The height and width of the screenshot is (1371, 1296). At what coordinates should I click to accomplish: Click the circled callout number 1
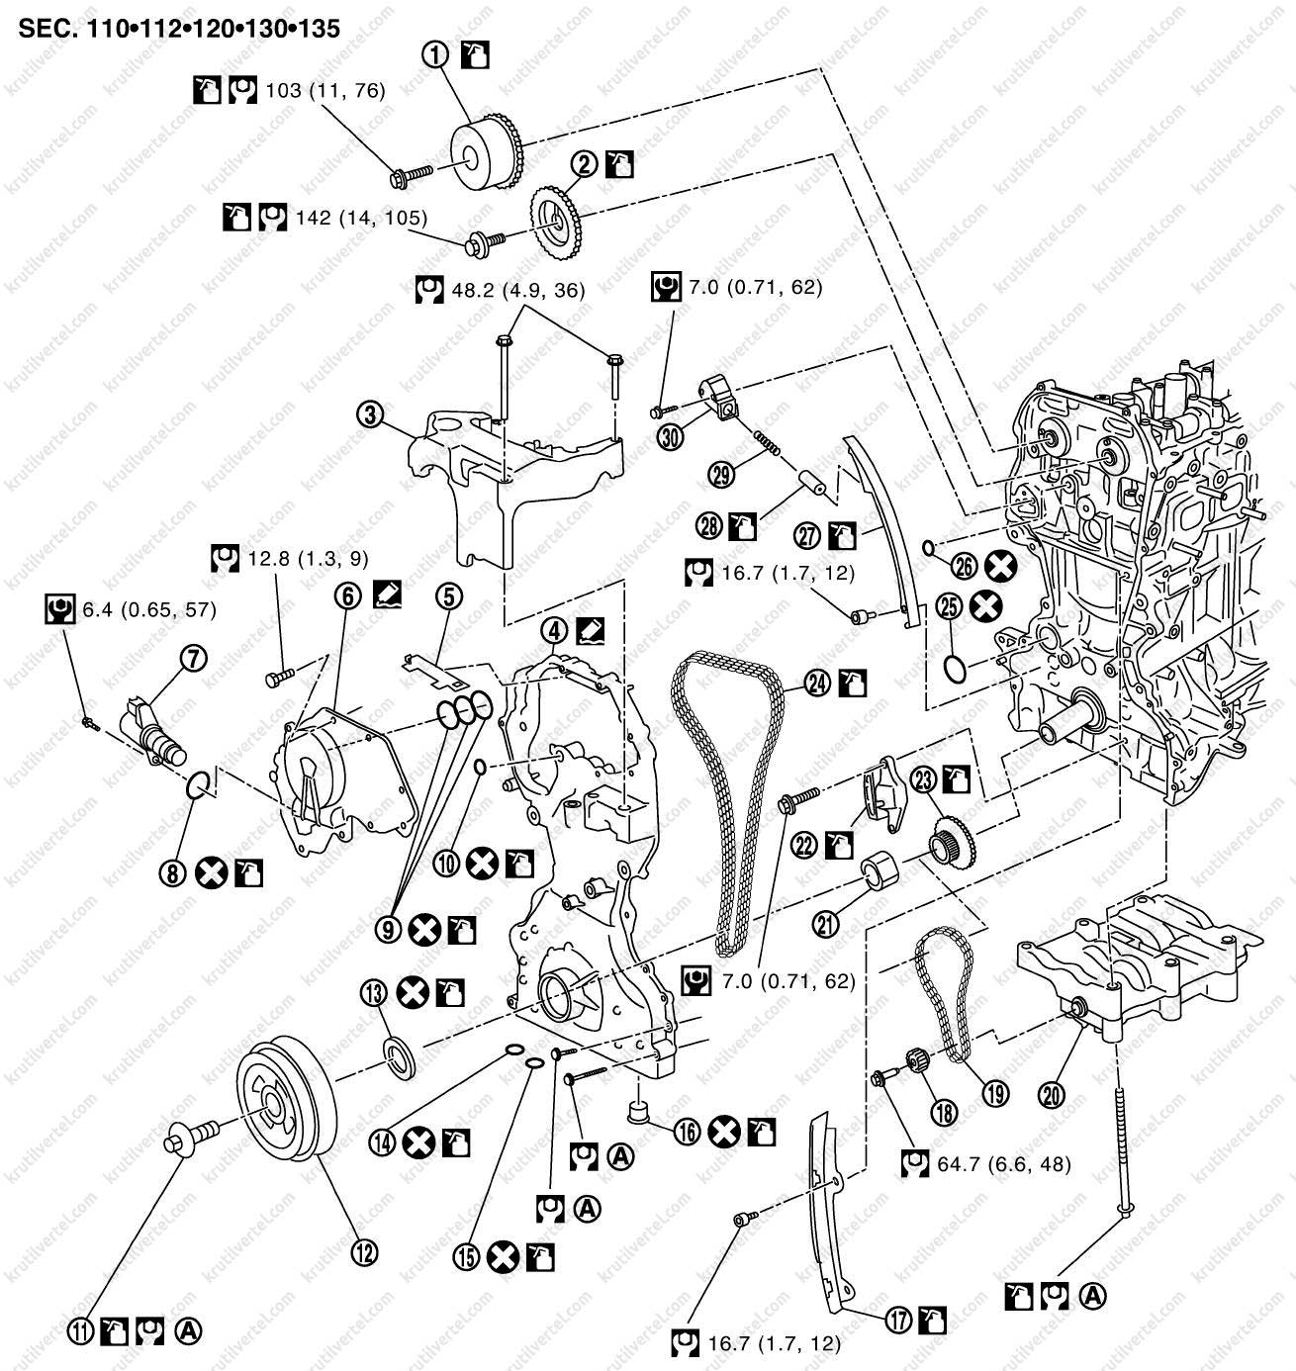click(x=435, y=56)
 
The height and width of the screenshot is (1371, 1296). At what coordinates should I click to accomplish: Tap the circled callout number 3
click(x=370, y=415)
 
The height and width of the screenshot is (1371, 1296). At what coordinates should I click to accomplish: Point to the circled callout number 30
click(x=672, y=435)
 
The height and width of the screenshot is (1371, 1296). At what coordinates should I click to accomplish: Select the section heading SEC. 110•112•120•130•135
click(x=179, y=28)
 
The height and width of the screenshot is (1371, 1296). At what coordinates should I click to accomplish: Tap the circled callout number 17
click(x=897, y=1319)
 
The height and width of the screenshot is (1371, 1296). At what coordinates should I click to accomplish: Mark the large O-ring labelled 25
click(x=953, y=670)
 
